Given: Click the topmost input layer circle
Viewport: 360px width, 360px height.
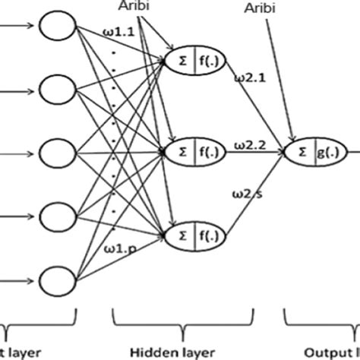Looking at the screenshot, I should (x=58, y=30).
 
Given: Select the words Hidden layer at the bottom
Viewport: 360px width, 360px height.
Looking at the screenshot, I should (x=166, y=352).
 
